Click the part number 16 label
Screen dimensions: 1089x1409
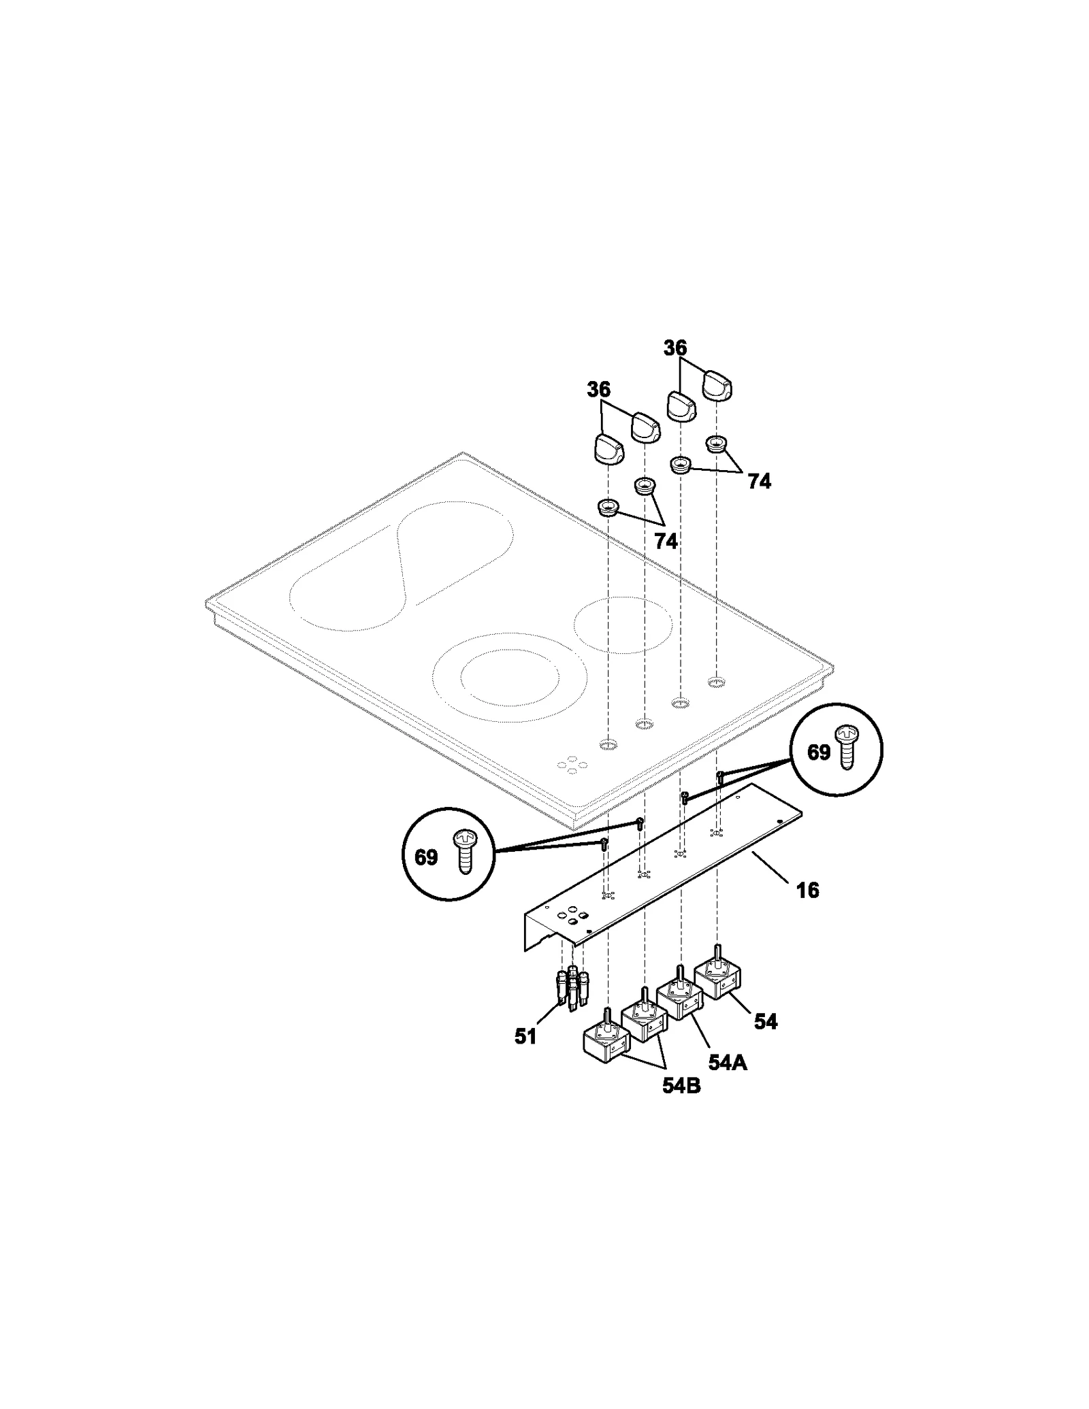point(807,890)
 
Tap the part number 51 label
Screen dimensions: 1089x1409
point(525,1037)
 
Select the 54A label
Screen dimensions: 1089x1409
point(727,1062)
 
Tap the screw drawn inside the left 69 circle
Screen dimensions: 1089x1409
point(465,852)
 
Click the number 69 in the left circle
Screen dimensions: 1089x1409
point(426,857)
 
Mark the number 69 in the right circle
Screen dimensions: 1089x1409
point(819,752)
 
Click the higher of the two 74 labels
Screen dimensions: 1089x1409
point(759,482)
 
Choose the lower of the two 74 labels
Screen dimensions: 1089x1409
point(666,541)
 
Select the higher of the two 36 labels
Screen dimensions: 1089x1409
point(675,348)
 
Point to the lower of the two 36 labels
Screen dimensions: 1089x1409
point(599,390)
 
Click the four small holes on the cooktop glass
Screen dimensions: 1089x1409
point(572,765)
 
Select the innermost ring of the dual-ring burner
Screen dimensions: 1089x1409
point(510,680)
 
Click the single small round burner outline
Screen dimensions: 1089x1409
point(623,625)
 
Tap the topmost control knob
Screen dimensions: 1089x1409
point(717,386)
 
